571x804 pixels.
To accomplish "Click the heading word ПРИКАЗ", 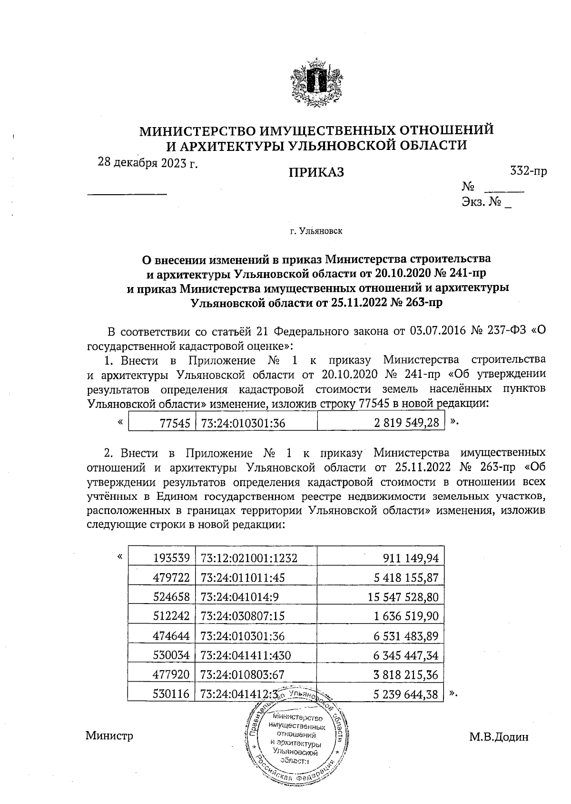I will point(316,173).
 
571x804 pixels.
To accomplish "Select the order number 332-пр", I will point(528,171).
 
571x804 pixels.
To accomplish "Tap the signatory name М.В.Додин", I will point(499,737).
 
